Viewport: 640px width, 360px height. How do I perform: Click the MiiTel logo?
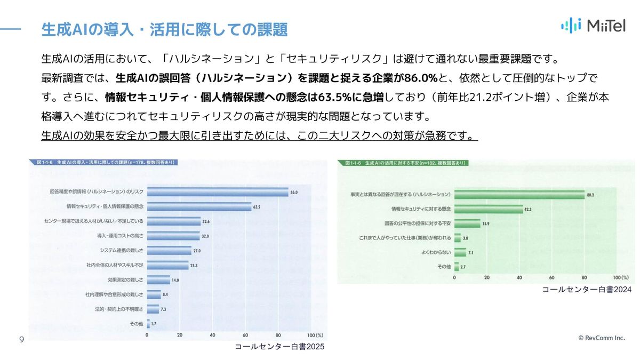pos(593,26)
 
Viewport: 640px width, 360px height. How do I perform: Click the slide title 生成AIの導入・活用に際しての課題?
pos(164,29)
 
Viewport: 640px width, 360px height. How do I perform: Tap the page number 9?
pos(21,340)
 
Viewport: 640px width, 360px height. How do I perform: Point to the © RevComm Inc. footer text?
pos(601,338)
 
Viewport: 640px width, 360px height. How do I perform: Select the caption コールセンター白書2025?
pos(279,347)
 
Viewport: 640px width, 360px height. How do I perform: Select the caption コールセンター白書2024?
pos(586,290)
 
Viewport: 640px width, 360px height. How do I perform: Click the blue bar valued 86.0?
pos(217,192)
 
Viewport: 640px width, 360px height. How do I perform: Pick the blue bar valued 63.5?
pos(198,206)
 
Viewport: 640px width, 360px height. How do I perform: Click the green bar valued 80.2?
pos(519,195)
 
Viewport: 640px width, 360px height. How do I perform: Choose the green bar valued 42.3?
pos(489,210)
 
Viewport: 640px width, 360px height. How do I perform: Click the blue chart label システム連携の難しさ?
pos(122,250)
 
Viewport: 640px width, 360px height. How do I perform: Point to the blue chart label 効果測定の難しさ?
pos(125,279)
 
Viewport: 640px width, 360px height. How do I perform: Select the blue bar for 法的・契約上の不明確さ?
pos(153,309)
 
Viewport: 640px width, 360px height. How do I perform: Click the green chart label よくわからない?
pos(434,252)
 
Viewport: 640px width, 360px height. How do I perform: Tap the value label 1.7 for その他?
pos(154,324)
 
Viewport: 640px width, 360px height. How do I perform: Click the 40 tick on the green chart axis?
pos(519,278)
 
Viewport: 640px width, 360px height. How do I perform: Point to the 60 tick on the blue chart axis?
pos(245,335)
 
